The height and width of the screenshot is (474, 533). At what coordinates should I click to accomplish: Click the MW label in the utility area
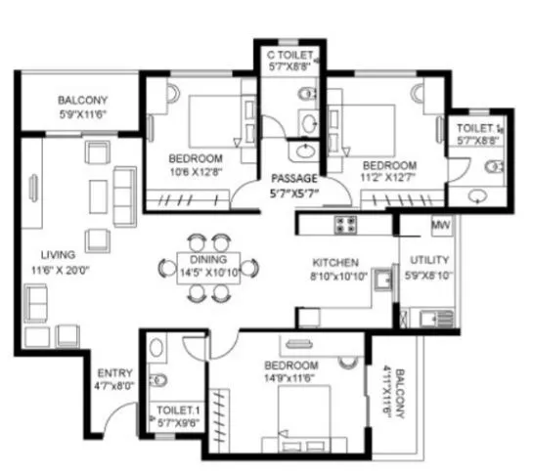(x=440, y=227)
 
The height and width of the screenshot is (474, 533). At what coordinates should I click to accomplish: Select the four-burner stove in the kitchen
(x=346, y=225)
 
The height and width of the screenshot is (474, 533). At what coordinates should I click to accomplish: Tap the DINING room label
(x=208, y=260)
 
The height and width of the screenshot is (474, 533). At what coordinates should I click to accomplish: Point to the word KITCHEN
(x=334, y=264)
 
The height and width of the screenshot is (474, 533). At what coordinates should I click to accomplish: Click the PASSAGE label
(x=293, y=179)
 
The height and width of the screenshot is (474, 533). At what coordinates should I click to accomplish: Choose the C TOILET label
(x=289, y=57)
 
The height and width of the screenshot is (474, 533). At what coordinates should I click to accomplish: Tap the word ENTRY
(x=114, y=372)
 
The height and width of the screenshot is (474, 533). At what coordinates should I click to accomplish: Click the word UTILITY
(x=429, y=262)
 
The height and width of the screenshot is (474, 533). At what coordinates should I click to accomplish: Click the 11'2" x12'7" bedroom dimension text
(x=388, y=179)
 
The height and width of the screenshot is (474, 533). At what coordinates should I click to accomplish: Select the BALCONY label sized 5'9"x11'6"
(x=82, y=101)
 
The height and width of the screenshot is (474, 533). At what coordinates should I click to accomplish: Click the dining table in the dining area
(x=208, y=265)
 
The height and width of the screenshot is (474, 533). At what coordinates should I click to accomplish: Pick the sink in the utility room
(x=428, y=316)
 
